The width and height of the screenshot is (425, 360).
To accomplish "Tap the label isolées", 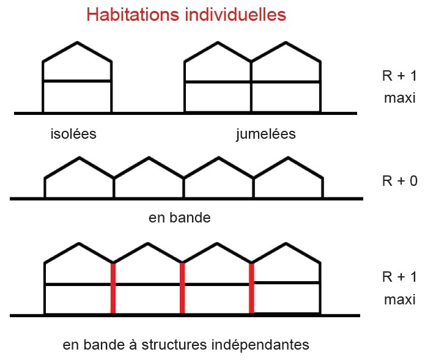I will [x=73, y=134].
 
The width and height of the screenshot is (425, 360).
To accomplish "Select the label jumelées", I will [x=265, y=134].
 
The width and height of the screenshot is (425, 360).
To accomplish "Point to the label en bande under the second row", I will [x=180, y=218].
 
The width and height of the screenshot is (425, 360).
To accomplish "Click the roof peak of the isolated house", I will [x=77, y=43].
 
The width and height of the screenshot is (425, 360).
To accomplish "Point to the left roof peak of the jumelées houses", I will [x=218, y=43].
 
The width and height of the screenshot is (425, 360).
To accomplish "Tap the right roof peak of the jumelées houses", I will [x=286, y=43].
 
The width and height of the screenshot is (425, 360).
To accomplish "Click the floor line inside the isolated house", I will [x=77, y=81].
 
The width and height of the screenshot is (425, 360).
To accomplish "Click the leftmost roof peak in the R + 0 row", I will [x=79, y=158].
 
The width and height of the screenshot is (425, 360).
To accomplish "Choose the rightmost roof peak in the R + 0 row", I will [x=287, y=158].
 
